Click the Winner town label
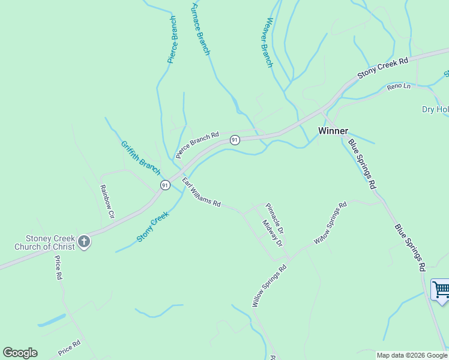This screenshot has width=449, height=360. tap(333, 130)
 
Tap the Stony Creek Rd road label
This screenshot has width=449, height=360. tap(383, 68)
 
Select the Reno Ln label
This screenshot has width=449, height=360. tap(399, 87)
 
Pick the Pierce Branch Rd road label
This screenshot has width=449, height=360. tap(197, 145)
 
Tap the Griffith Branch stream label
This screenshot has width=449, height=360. tap(140, 154)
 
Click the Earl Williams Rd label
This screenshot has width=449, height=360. tap(202, 192)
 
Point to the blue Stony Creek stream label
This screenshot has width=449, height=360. tap(153, 226)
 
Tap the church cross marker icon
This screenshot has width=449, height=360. tap(84, 242)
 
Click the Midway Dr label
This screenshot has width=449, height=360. tap(272, 233)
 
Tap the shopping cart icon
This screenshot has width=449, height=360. tap(441, 289)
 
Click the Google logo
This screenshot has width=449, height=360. tap(20, 353)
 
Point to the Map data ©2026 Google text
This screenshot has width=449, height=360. tap(412, 355)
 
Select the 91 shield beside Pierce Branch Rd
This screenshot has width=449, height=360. tap(235, 140)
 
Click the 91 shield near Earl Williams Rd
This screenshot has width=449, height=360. tap(165, 185)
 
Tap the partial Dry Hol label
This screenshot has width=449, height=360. tap(435, 109)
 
